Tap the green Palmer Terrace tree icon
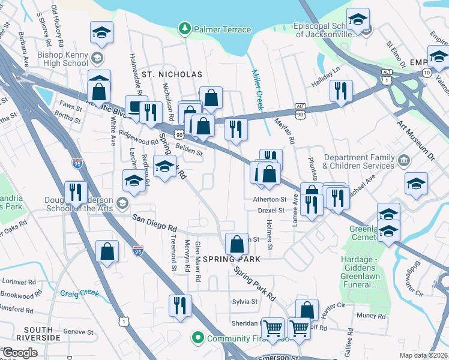[x=185, y=29]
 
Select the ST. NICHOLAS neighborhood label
[x=172, y=74]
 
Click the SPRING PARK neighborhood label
[x=231, y=259]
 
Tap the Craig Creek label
[x=79, y=293]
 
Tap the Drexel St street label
[x=271, y=211]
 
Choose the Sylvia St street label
[x=246, y=302]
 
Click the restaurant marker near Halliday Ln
[x=341, y=91]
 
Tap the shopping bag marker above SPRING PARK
[x=237, y=243]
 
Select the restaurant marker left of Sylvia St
[x=179, y=305]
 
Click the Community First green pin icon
[x=197, y=338]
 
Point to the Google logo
[x=20, y=353]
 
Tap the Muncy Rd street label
[x=370, y=316]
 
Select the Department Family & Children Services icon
[x=403, y=161]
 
